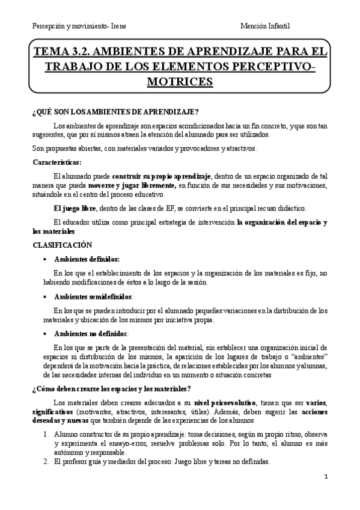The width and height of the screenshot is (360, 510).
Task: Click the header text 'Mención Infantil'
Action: tap(265, 26)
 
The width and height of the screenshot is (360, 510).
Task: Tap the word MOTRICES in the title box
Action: tap(180, 80)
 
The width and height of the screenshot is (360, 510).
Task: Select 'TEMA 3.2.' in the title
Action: tap(62, 52)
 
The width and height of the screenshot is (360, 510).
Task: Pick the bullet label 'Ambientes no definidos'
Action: tap(90, 333)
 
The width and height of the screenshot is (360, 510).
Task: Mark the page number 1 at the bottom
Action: tap(325, 478)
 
